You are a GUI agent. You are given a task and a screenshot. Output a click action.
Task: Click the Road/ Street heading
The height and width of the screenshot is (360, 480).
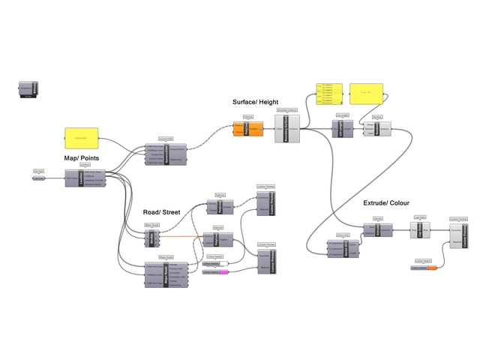click(x=161, y=212)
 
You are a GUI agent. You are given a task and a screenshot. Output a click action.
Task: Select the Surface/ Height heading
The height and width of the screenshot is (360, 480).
click(x=256, y=101)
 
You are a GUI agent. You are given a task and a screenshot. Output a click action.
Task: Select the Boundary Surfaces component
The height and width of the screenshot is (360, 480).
click(x=288, y=129)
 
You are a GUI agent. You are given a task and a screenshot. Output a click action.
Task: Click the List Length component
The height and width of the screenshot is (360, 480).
click(x=342, y=129)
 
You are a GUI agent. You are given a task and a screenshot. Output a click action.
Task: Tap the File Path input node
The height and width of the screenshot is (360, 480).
click(x=39, y=178)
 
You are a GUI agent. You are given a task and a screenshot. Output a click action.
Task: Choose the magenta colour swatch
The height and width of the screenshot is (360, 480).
click(x=223, y=272)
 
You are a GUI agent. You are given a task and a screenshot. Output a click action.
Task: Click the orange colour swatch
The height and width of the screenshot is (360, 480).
click(x=430, y=268)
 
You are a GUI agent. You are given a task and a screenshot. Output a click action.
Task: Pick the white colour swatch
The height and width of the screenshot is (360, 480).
click(x=223, y=264)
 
